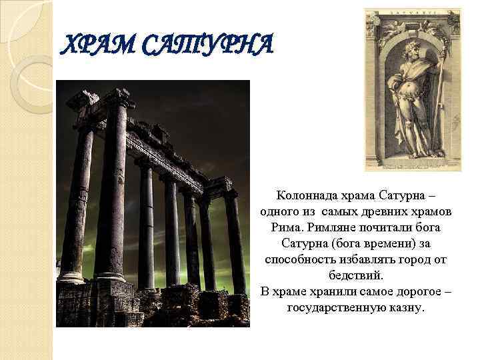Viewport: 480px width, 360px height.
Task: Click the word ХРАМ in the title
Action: pyautogui.click(x=93, y=46)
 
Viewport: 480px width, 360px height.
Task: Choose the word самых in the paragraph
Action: pyautogui.click(x=339, y=212)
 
